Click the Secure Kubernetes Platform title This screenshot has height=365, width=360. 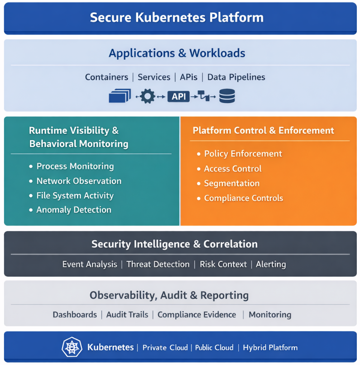(177, 18)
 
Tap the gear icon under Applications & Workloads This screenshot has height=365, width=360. (147, 96)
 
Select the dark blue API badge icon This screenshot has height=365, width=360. (178, 96)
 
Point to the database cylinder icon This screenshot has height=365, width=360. (227, 96)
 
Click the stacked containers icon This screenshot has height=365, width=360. (120, 96)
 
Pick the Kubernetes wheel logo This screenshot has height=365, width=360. (72, 347)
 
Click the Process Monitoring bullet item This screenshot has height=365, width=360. (75, 166)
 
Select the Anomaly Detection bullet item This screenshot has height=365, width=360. (73, 210)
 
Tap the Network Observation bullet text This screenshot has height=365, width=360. (79, 181)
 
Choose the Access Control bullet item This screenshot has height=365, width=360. (233, 169)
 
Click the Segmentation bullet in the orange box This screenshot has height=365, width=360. (231, 184)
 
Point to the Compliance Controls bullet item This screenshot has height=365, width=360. (243, 198)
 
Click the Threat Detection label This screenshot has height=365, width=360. (158, 264)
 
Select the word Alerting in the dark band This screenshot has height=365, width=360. (271, 264)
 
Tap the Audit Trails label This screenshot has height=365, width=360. (127, 314)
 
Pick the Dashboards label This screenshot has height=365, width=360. (75, 314)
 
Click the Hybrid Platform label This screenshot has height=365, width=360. (270, 348)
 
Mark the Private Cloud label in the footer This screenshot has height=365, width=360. (165, 348)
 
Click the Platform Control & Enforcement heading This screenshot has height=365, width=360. (263, 131)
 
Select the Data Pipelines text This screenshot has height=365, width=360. (236, 77)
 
